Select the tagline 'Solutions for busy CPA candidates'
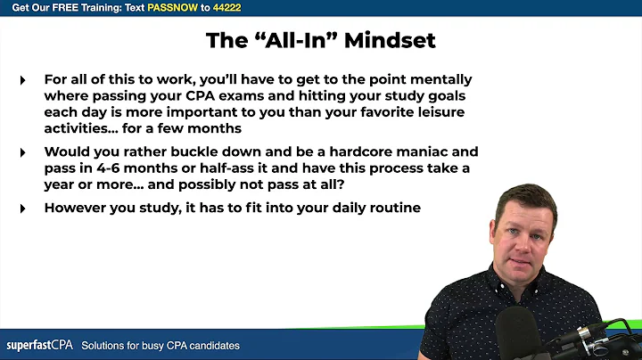click(x=160, y=345)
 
